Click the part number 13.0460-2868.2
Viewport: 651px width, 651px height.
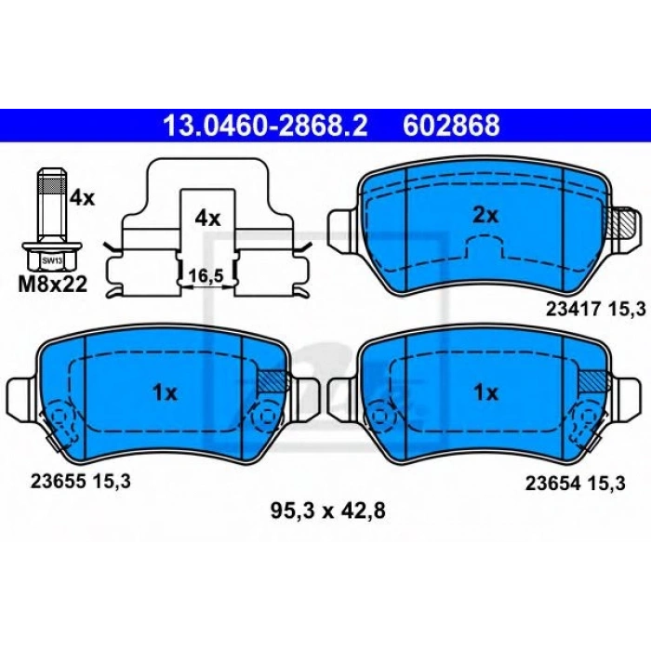pyautogui.click(x=266, y=125)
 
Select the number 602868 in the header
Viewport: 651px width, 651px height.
pyautogui.click(x=451, y=125)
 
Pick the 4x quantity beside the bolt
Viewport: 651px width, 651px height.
pyautogui.click(x=82, y=198)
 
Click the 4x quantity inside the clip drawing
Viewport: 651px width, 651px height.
pyautogui.click(x=207, y=219)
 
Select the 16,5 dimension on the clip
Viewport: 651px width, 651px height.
pyautogui.click(x=206, y=276)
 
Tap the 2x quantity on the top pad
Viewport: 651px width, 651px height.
pyautogui.click(x=485, y=216)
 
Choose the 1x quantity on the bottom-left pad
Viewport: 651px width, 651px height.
pyautogui.click(x=165, y=392)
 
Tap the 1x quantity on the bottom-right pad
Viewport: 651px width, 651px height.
pyautogui.click(x=485, y=392)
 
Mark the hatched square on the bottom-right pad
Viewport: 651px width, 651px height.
pyautogui.click(x=591, y=380)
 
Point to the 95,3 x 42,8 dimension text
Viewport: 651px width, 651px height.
pyautogui.click(x=326, y=510)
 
